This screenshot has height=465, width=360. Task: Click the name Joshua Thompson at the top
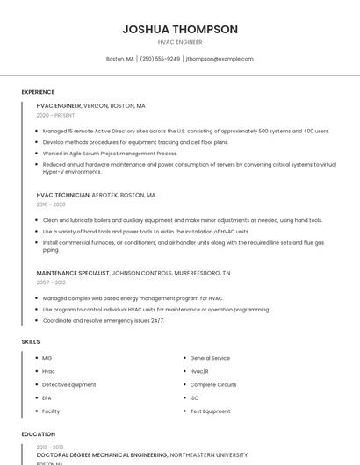pyautogui.click(x=180, y=29)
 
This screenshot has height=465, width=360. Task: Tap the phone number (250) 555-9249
pyautogui.click(x=160, y=59)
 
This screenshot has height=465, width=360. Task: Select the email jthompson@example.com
pyautogui.click(x=220, y=59)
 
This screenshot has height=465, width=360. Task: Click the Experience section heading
pyautogui.click(x=38, y=92)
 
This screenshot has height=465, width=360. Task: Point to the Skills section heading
pyautogui.click(x=31, y=341)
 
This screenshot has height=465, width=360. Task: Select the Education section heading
pyautogui.click(x=38, y=434)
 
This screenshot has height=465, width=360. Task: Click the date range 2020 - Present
pyautogui.click(x=55, y=115)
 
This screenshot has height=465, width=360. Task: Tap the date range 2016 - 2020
pyautogui.click(x=51, y=204)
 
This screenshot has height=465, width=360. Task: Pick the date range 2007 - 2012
pyautogui.click(x=51, y=283)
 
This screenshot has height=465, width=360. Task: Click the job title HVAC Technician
pyautogui.click(x=63, y=195)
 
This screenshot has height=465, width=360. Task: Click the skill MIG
pyautogui.click(x=47, y=358)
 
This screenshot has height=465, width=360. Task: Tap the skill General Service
pyautogui.click(x=210, y=358)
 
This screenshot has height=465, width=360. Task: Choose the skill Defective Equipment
pyautogui.click(x=69, y=384)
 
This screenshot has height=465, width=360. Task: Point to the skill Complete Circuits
pyautogui.click(x=213, y=384)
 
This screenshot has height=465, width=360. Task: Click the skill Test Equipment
pyautogui.click(x=210, y=411)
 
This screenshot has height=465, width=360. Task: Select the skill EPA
pyautogui.click(x=47, y=397)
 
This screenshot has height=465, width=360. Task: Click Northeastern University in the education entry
pyautogui.click(x=209, y=455)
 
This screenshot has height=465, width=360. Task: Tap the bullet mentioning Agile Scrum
pyautogui.click(x=110, y=153)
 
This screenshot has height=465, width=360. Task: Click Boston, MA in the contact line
pyautogui.click(x=119, y=59)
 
